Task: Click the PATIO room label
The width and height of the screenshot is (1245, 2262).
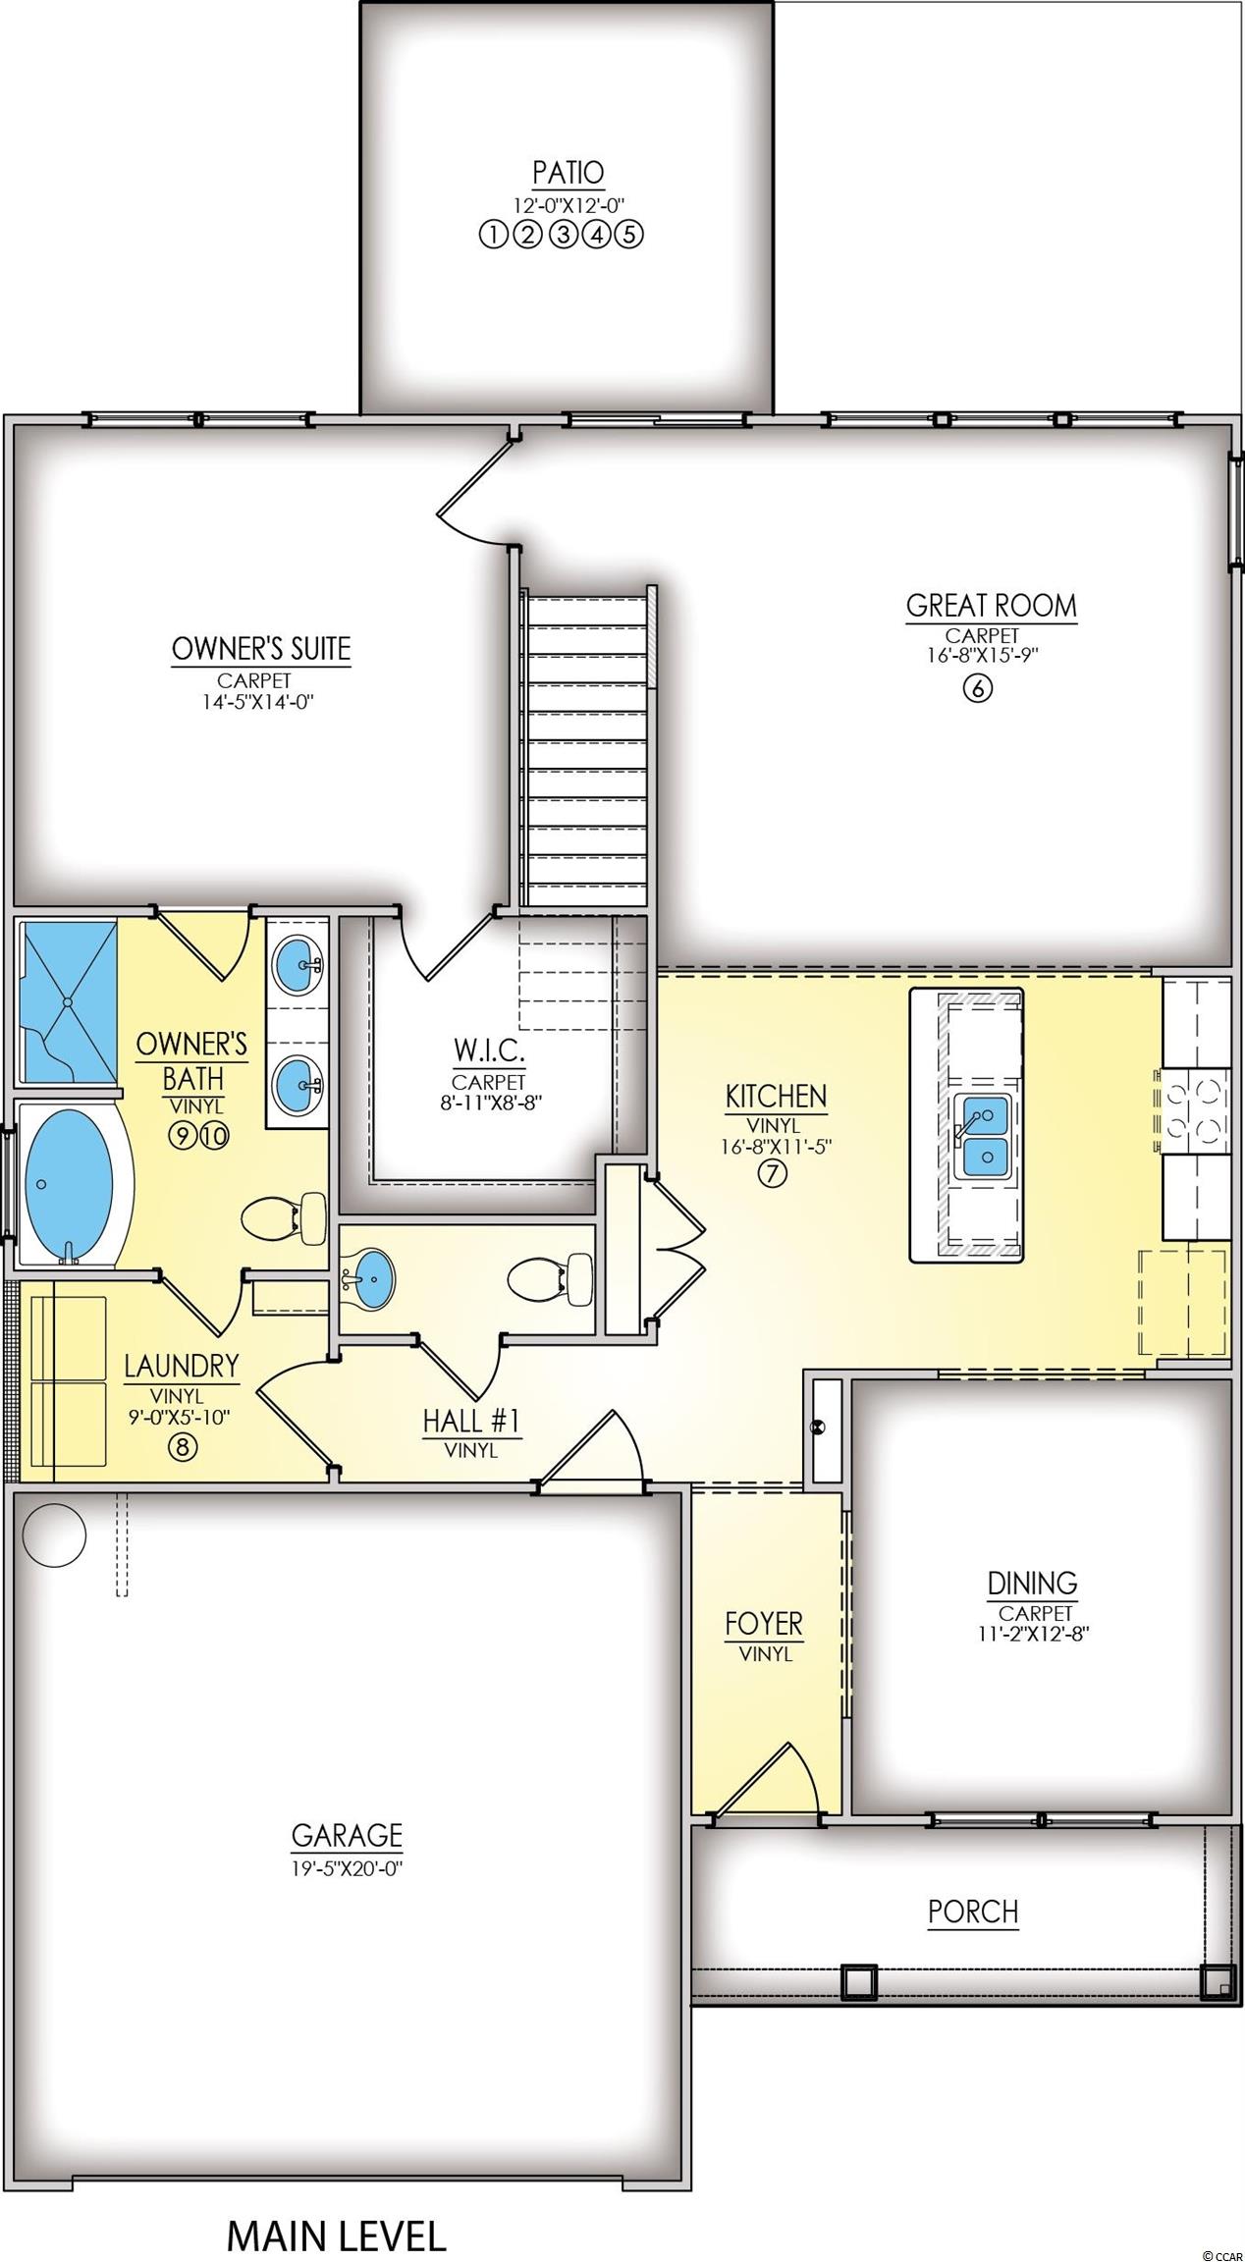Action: (568, 173)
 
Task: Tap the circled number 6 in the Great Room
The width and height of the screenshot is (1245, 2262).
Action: (978, 687)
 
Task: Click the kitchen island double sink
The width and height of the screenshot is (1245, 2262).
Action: (983, 1136)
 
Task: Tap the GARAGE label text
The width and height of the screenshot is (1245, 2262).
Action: (347, 1835)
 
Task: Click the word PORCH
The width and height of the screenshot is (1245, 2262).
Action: (973, 1912)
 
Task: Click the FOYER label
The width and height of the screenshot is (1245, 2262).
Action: (764, 1625)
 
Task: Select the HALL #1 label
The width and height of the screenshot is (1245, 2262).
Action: (471, 1421)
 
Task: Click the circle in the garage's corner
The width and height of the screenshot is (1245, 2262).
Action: (55, 1536)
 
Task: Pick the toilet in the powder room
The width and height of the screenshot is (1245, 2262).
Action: (551, 1281)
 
